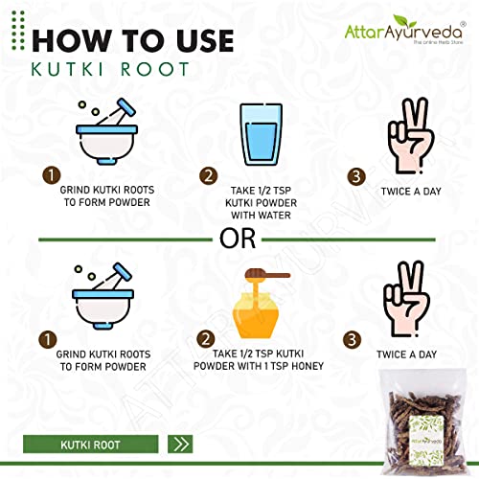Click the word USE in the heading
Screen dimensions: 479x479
point(205,40)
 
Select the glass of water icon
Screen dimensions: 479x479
point(262,134)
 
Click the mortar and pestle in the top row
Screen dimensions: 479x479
point(106,131)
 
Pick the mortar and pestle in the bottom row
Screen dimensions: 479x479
point(103,296)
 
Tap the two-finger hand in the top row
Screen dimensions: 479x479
point(411,136)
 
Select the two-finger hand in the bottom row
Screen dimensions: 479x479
point(406,299)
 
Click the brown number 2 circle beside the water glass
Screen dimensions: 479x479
point(208,176)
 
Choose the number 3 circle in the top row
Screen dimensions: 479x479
point(356,176)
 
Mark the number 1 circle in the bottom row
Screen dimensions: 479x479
point(48,339)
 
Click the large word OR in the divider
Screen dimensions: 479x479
point(238,239)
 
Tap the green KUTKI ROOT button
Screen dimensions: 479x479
point(91,445)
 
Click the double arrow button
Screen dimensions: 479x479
point(180,445)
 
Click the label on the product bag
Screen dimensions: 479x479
point(426,441)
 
